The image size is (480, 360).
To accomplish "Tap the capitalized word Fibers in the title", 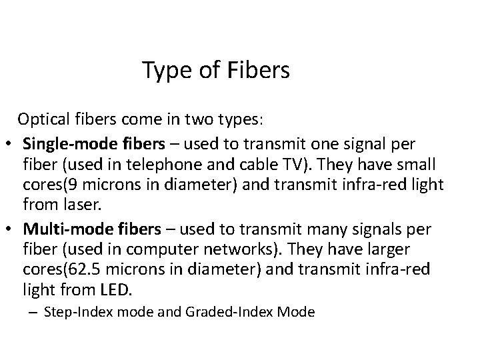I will click(x=257, y=70).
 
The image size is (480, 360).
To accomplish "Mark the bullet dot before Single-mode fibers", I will click(x=13, y=144).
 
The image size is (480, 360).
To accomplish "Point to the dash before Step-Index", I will click(x=34, y=313).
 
